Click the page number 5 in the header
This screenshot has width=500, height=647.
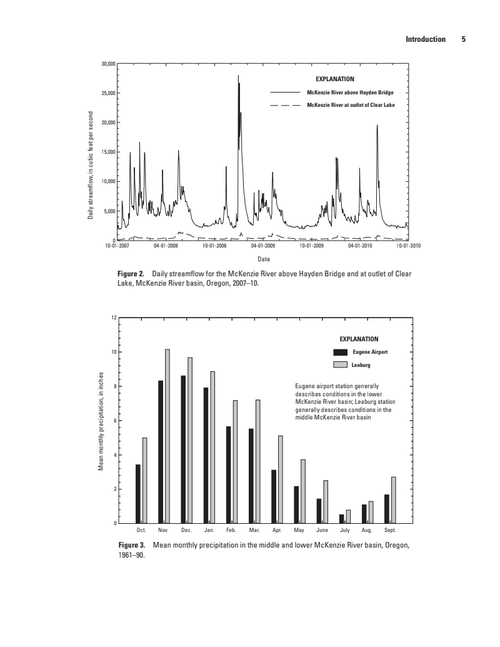(x=464, y=39)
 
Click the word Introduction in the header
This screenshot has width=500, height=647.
(x=426, y=39)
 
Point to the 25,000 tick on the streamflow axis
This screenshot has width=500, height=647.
(x=109, y=93)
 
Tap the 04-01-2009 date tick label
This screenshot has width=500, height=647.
(x=262, y=246)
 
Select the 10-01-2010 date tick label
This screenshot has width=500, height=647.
(x=409, y=246)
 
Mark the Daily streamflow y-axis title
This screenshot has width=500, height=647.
(x=91, y=165)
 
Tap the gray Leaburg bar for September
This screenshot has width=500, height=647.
(x=394, y=499)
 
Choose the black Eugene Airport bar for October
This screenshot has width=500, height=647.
(x=138, y=493)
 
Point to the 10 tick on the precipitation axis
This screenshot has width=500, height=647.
(x=112, y=352)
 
